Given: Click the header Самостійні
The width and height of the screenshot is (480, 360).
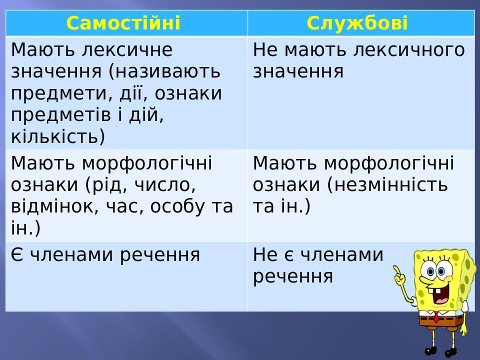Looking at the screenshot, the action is coord(123,23).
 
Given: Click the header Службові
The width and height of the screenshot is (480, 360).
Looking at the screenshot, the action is coord(357,23).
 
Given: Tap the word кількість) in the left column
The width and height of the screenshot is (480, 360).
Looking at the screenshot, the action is coord(58,136).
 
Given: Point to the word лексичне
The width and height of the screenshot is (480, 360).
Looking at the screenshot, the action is coord(127,49).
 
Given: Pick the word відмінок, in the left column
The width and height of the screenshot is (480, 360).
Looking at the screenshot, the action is coord(55,206).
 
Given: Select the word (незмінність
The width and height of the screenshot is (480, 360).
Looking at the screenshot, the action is coord(387,184).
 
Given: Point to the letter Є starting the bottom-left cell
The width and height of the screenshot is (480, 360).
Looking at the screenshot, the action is coord(17,255).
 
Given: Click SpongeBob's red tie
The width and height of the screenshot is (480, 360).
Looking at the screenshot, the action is coord(436,316).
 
